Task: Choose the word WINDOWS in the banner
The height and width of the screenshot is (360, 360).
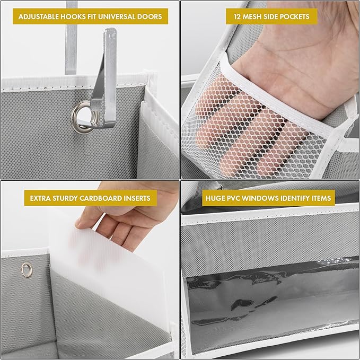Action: pos(268,198)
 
